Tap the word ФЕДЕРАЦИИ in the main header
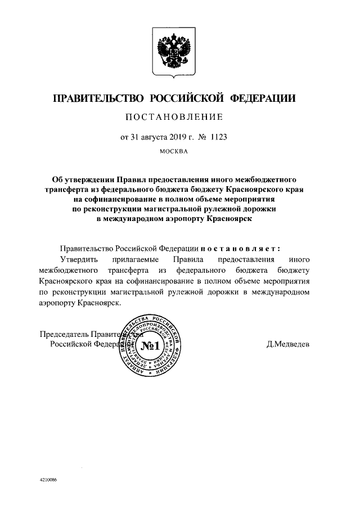pyautogui.click(x=263, y=99)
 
